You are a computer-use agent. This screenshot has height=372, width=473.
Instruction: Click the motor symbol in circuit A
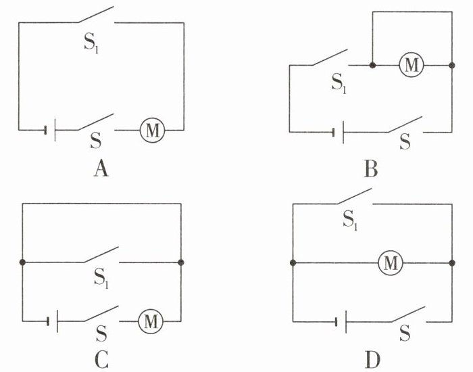click(x=152, y=130)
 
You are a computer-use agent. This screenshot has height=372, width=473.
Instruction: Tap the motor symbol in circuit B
click(x=412, y=65)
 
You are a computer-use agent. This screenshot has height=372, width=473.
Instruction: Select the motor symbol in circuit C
click(x=151, y=321)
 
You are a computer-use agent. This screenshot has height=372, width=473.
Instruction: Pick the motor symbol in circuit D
click(x=391, y=262)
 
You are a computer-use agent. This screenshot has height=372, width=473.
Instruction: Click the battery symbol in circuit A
click(x=50, y=130)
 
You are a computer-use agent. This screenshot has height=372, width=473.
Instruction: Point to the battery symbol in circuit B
click(x=338, y=133)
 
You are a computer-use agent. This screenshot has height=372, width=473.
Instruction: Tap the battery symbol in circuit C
click(x=52, y=321)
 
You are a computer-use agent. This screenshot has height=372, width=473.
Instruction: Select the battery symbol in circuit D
click(x=341, y=322)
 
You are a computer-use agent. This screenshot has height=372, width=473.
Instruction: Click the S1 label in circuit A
click(x=91, y=45)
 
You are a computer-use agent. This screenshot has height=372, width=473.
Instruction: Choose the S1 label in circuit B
click(x=339, y=83)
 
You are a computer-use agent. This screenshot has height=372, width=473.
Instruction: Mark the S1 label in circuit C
click(x=101, y=279)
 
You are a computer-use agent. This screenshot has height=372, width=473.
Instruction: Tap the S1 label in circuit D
click(x=350, y=220)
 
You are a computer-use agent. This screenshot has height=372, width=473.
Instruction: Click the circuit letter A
click(x=101, y=168)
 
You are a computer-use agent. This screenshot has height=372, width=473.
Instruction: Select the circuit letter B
click(x=371, y=168)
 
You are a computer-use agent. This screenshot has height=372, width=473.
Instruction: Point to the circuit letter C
click(x=101, y=359)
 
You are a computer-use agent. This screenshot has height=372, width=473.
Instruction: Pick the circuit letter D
click(x=372, y=359)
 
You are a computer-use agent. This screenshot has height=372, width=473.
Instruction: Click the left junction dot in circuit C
click(x=22, y=262)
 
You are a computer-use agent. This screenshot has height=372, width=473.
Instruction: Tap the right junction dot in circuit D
click(x=451, y=262)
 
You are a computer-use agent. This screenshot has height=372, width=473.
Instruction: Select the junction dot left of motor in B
click(x=372, y=65)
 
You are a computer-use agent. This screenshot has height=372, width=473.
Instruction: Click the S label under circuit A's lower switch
click(x=96, y=141)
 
